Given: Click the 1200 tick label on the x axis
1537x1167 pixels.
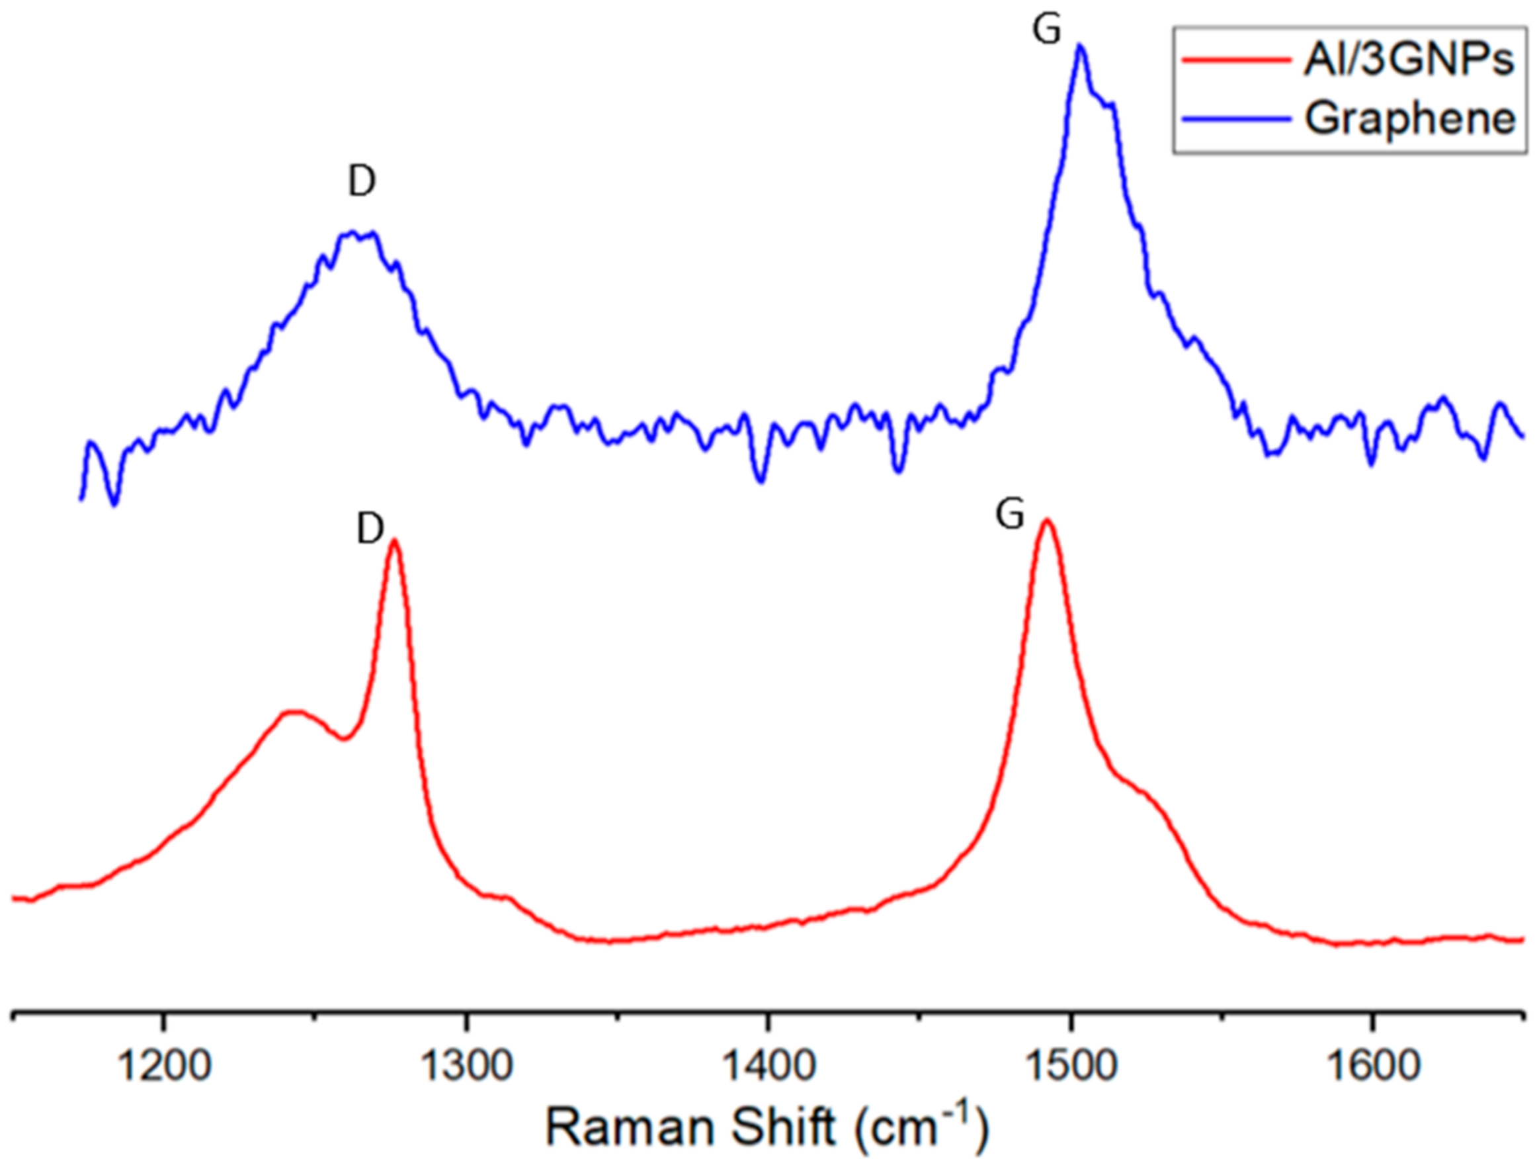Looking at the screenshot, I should click(x=163, y=1067).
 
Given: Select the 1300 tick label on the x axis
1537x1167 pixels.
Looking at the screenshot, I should click(x=466, y=1067).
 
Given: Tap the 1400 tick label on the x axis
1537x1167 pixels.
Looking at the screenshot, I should click(x=767, y=1067).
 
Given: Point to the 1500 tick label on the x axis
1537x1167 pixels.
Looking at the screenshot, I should click(x=1071, y=1067).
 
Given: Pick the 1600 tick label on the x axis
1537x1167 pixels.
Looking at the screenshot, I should click(x=1372, y=1067).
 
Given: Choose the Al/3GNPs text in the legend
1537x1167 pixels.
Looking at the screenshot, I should click(x=1409, y=60).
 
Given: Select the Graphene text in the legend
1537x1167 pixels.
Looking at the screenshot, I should click(x=1410, y=118).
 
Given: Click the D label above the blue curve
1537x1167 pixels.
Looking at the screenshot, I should click(x=362, y=181).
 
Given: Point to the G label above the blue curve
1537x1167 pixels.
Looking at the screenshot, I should click(x=1047, y=30).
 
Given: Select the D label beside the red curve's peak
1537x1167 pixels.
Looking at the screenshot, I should click(x=370, y=530).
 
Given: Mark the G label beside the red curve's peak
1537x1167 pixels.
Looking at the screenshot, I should click(x=1010, y=516).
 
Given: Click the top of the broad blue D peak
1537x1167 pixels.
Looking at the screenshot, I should click(x=358, y=233).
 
